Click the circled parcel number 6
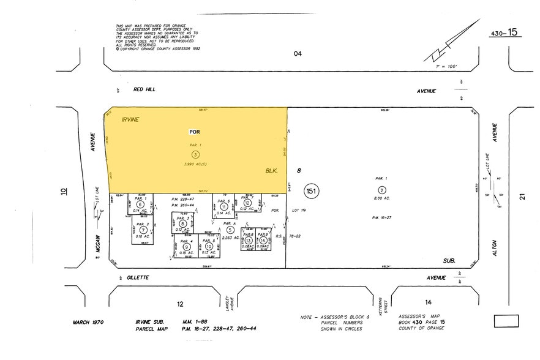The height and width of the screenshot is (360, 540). pos(140,204)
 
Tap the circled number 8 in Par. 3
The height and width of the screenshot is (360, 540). pos(182,224)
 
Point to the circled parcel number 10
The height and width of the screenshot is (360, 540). pos(209,247)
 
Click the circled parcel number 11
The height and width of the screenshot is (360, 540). pos(224,207)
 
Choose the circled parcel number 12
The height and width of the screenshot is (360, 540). pos(247,203)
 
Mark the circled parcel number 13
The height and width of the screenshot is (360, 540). pos(249,241)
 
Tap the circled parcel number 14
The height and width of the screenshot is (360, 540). pos(263,241)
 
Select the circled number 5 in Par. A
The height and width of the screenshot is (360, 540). pos(230,230)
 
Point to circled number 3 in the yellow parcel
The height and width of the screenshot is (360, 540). pos(195,154)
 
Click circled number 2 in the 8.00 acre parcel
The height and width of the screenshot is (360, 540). pos(382,189)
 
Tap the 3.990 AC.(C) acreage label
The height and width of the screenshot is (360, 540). pos(195,165)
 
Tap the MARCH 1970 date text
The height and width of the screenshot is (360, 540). pos(90,322)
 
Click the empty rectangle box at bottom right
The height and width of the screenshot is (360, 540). pos(506,321)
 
